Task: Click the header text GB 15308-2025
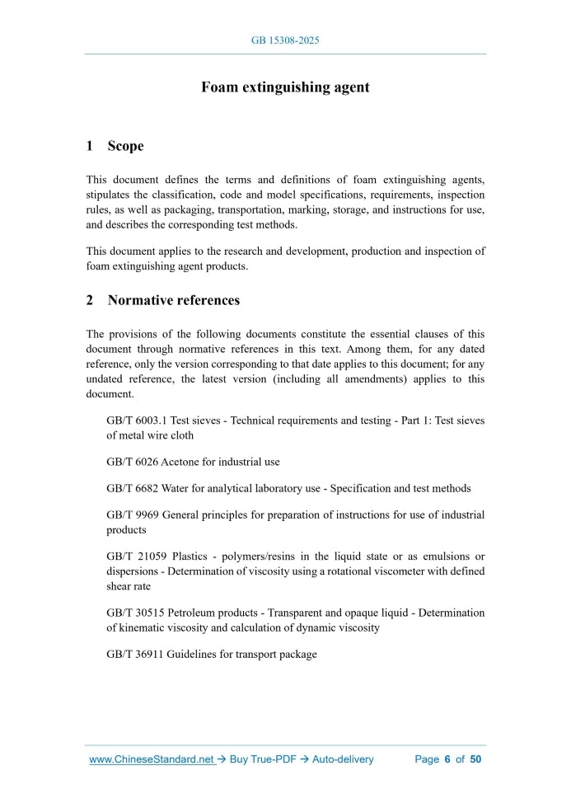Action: pos(285,40)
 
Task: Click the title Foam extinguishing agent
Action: pos(285,87)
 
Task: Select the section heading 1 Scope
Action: pos(115,146)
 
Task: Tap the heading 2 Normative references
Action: pos(163,300)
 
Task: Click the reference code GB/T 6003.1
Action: pos(134,420)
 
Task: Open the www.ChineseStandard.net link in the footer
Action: pos(152,759)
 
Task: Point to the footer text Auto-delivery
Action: pos(343,759)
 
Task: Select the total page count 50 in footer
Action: pos(475,759)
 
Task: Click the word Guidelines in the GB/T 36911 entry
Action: pos(190,655)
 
